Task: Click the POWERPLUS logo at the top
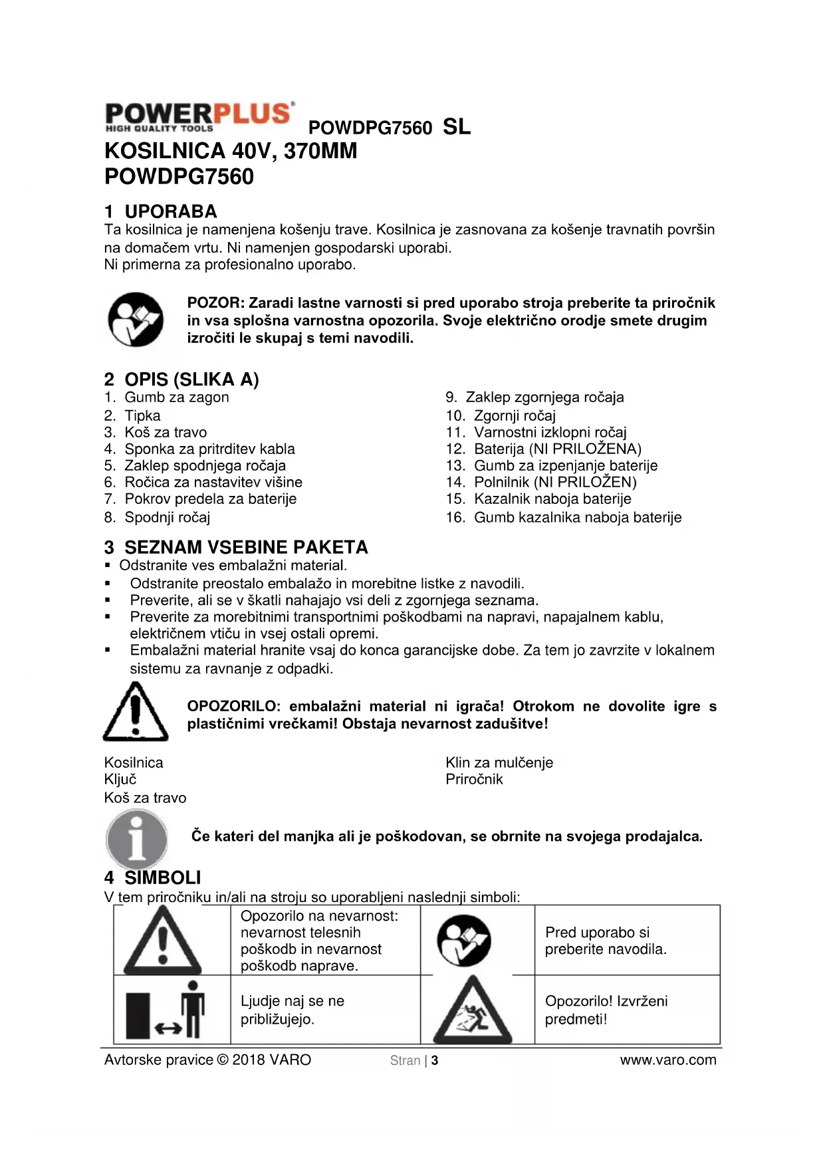(198, 116)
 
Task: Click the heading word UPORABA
(171, 211)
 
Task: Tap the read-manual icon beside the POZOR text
(136, 319)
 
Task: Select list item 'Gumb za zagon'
(176, 398)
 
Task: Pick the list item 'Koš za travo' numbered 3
(166, 432)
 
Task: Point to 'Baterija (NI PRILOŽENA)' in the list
(557, 449)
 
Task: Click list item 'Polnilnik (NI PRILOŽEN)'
(555, 482)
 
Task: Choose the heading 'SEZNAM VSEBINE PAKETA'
(246, 547)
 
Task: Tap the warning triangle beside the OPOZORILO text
(136, 712)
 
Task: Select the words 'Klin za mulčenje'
(499, 762)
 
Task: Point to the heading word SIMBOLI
(162, 877)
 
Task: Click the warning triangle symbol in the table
(163, 940)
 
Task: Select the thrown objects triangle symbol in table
(473, 1011)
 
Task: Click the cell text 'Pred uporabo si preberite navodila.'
(605, 941)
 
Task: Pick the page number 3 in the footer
(435, 1060)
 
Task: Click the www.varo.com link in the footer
(668, 1060)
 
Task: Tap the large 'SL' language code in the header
(457, 126)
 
